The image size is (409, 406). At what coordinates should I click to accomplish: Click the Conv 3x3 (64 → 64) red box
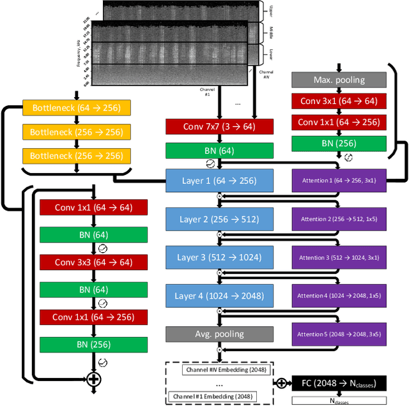click(93, 262)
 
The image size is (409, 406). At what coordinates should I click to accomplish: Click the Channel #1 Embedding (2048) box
click(219, 397)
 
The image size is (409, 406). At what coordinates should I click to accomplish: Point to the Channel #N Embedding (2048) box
click(219, 370)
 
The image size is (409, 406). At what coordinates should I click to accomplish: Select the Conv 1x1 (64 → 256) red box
click(93, 317)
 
